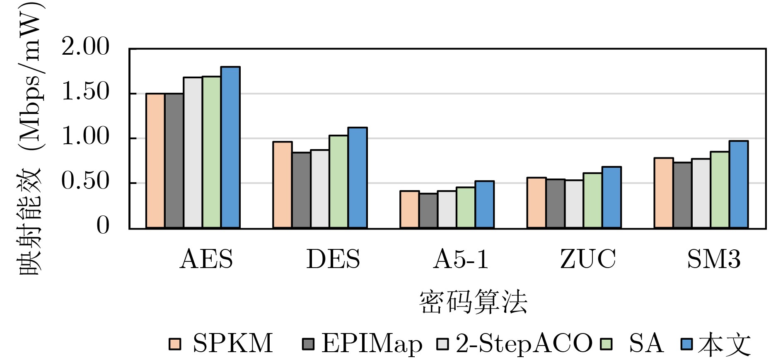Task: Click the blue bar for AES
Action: coord(230,147)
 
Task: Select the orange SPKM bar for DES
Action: coord(282,185)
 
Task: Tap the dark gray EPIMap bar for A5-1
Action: coord(428,210)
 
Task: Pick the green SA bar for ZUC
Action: coord(592,201)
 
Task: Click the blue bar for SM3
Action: coord(738,184)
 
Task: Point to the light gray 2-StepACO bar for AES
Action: coord(193,152)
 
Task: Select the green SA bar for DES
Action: coord(338,181)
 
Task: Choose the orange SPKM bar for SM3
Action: coord(663,193)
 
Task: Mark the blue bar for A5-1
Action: coord(484,204)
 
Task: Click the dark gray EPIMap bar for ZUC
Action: coord(555,203)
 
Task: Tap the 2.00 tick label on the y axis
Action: coord(85,47)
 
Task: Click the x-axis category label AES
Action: coord(206,260)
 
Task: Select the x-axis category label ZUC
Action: coord(588,260)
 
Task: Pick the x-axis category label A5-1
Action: coord(460,260)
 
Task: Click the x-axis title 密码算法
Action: coord(473,302)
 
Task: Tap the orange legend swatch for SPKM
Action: coord(175,344)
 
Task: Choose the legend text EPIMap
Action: coord(372,344)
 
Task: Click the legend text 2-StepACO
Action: coord(524,344)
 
